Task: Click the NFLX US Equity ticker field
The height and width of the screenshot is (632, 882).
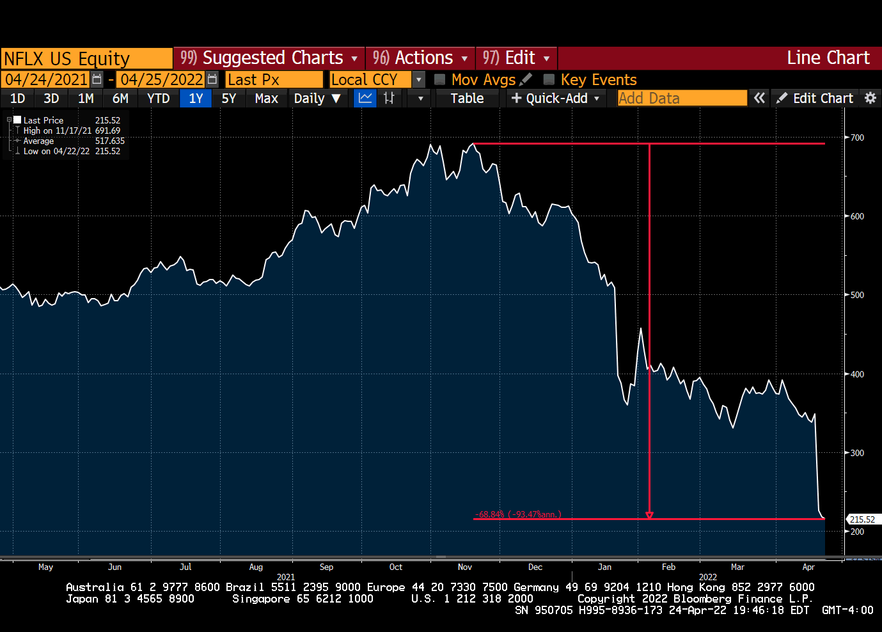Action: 86,58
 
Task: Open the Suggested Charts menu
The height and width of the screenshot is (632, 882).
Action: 269,58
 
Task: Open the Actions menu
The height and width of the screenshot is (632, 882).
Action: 420,58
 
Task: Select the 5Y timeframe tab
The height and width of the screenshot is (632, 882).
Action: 228,99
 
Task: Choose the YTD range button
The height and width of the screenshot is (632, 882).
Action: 158,99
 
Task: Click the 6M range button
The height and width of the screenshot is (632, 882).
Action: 120,99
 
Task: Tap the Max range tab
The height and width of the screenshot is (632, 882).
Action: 266,99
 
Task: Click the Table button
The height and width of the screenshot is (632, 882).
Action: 467,99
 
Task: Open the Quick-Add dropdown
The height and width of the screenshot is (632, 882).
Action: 556,99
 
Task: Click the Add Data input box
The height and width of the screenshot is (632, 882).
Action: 682,99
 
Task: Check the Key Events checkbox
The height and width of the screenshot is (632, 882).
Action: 549,79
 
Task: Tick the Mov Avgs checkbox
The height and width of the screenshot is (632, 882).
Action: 440,79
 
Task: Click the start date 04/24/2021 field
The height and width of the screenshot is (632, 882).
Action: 46,79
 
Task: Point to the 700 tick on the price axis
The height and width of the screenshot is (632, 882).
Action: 857,138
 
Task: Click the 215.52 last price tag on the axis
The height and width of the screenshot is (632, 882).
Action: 862,519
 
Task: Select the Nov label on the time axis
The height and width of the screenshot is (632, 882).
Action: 465,567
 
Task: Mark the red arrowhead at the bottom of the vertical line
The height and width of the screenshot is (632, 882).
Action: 649,515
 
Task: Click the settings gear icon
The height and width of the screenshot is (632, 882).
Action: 870,98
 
